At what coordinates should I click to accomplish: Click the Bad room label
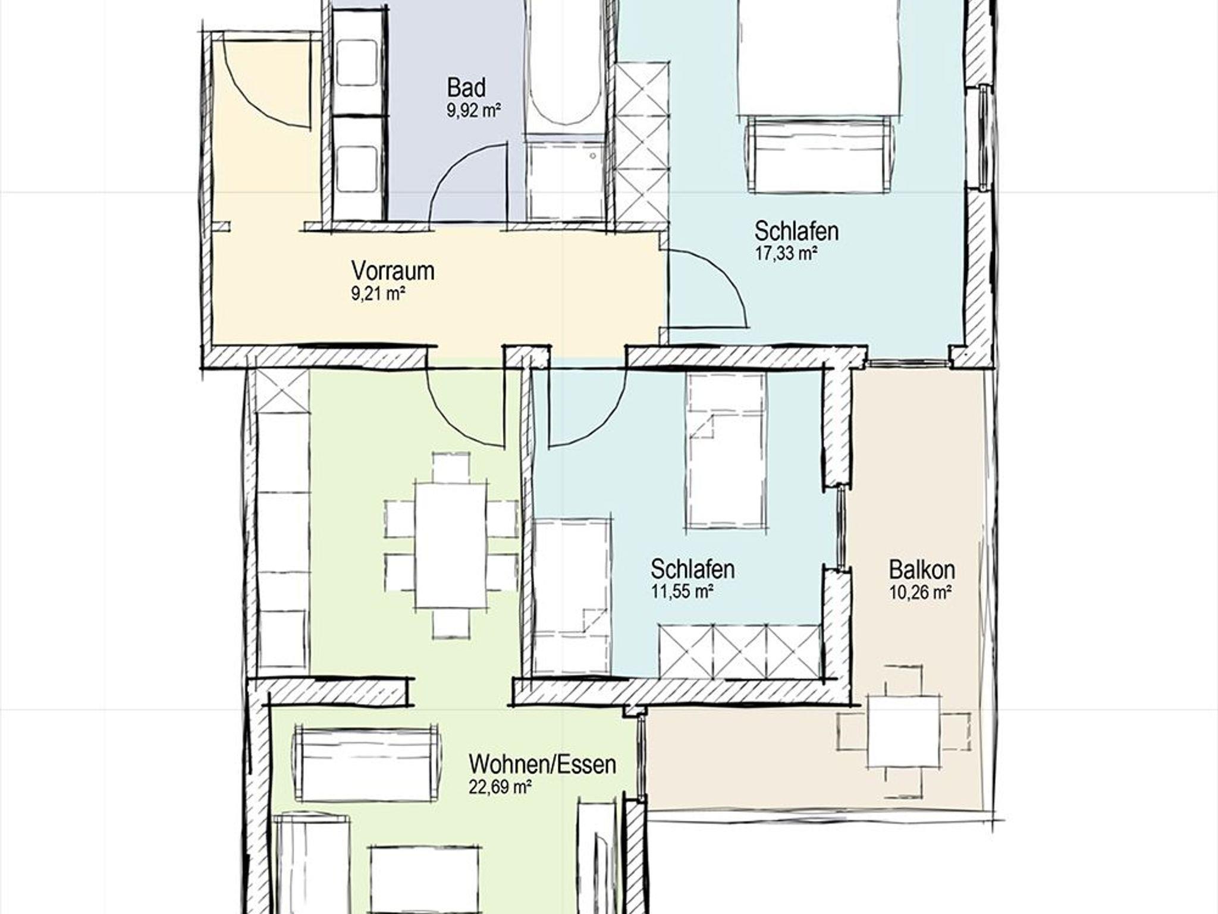466,88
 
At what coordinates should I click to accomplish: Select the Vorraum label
393,271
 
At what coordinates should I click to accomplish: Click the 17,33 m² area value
785,254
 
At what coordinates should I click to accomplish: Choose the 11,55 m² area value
682,592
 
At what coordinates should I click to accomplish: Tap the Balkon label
922,569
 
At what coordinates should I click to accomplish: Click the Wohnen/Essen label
542,764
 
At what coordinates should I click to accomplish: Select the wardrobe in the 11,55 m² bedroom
740,651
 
